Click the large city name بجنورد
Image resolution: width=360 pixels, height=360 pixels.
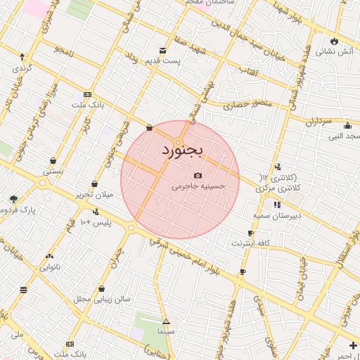[181, 150]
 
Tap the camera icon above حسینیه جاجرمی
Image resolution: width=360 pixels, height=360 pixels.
[198, 175]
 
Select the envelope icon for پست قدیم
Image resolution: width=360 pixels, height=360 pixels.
[163, 51]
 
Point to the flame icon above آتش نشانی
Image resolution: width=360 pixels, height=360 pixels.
[334, 41]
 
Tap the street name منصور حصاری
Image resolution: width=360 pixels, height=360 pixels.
[237, 105]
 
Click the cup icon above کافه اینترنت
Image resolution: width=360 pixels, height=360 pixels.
[250, 233]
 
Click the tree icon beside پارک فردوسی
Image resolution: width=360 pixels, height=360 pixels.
[13, 199]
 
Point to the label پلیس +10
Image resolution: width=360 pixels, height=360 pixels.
[96, 223]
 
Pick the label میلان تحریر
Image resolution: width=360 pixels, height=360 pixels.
[94, 194]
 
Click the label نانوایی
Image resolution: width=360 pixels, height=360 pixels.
[49, 267]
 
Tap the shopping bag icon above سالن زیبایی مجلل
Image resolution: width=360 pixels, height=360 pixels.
[102, 288]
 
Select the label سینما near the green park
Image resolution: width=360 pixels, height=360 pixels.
[166, 329]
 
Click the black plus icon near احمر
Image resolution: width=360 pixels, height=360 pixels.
[352, 345]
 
